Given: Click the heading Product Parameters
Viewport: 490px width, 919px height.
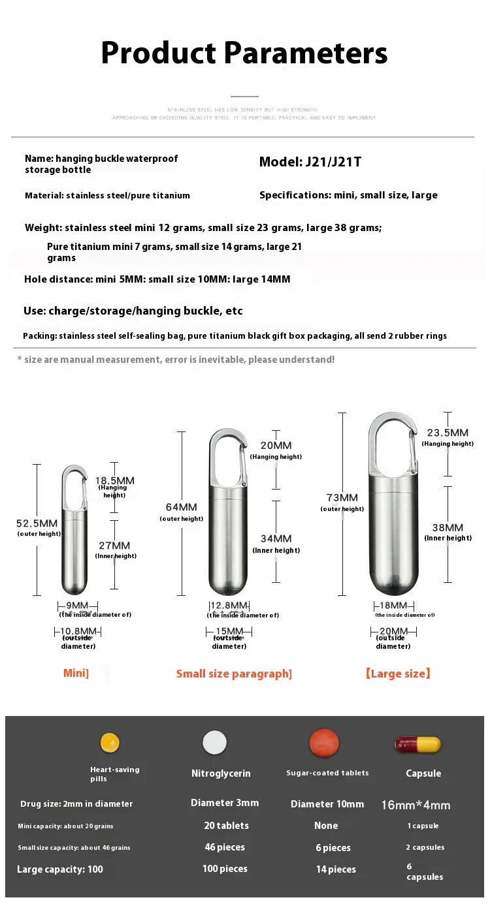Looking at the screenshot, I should pos(244,52).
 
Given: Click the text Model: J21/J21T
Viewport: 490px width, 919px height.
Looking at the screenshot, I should pos(310,162).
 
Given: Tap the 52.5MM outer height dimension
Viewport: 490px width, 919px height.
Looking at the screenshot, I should pos(37,523).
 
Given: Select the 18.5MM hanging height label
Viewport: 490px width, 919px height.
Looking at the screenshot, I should pos(115,480).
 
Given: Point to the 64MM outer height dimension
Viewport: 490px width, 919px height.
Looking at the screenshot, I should pos(181,507).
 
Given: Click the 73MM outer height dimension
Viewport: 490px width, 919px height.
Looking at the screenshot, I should pos(342,497).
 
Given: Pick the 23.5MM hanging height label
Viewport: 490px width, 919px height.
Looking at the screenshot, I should pos(448,433).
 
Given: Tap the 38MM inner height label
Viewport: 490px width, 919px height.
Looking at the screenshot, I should pos(448,527).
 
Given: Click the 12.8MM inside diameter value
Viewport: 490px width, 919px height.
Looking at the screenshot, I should pos(229,605).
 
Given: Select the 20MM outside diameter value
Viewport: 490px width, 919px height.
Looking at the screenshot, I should pos(393,631).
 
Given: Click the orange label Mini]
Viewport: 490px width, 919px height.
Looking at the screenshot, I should pos(76,673).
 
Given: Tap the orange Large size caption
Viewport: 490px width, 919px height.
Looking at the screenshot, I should pos(397,674).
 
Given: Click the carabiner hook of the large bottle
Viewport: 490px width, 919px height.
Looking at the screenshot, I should pos(393,444).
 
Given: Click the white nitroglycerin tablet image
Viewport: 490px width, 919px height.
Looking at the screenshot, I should pos(214,743).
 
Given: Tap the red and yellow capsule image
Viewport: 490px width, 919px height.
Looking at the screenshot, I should pos(417,744).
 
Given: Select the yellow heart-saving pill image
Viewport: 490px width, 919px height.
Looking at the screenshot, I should pos(110,742).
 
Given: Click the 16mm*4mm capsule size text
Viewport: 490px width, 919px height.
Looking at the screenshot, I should pos(416,805).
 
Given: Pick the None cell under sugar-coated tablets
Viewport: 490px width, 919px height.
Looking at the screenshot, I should pos(325,826).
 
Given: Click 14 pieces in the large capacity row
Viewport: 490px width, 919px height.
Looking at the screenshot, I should pos(336,869).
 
